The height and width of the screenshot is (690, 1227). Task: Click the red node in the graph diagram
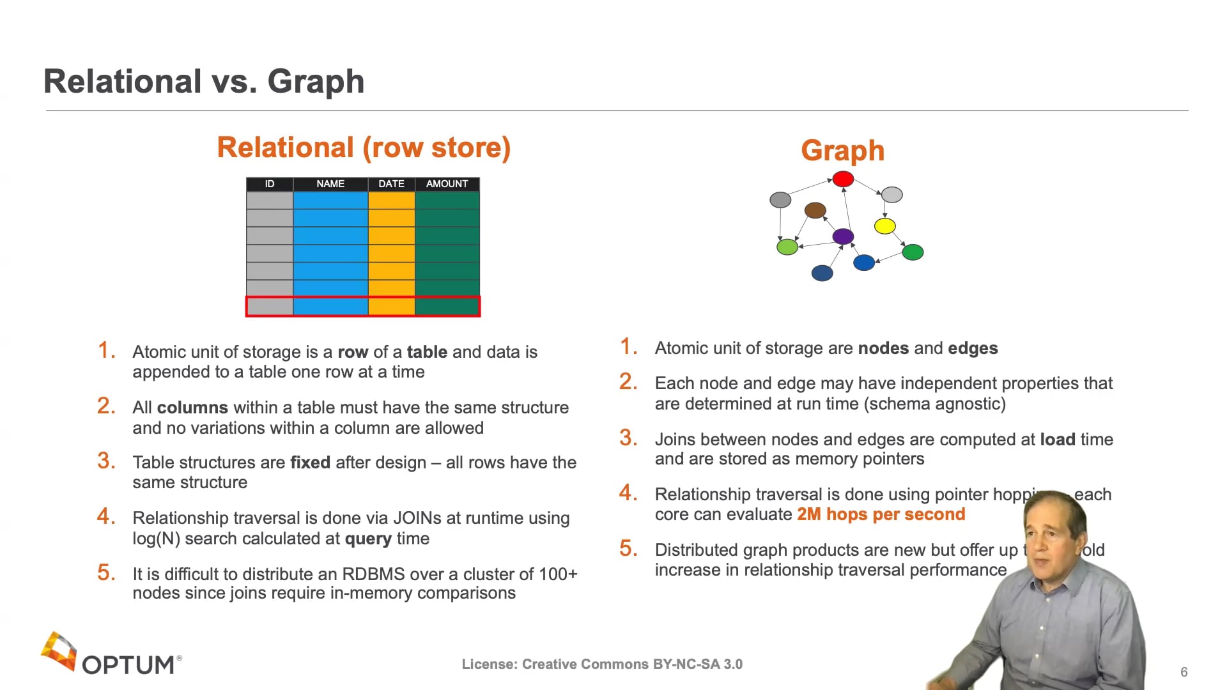pos(843,179)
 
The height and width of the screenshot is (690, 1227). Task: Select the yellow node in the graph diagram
pos(884,226)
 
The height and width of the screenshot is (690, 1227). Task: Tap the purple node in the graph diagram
pos(843,236)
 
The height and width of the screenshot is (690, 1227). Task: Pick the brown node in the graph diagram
pos(815,210)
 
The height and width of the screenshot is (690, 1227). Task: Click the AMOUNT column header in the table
pos(447,184)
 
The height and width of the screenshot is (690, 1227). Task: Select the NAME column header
pos(330,184)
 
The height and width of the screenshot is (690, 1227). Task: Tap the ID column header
pos(269,184)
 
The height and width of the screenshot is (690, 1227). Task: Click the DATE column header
pos(391,184)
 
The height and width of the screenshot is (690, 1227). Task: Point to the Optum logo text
pos(128,664)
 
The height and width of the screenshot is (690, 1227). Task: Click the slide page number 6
pos(1184,672)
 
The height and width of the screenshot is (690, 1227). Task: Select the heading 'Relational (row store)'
pos(364,148)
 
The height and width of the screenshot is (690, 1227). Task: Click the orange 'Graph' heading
pos(842,151)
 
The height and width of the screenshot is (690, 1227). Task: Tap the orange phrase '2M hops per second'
pos(881,514)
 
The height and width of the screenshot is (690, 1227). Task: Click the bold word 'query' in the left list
pos(368,539)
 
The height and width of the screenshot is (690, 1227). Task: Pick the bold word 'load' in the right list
pos(1058,440)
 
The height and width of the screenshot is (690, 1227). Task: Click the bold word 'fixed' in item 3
pos(310,463)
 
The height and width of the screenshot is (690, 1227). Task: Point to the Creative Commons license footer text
pos(602,664)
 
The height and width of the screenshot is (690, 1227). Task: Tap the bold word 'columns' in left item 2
pos(192,408)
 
